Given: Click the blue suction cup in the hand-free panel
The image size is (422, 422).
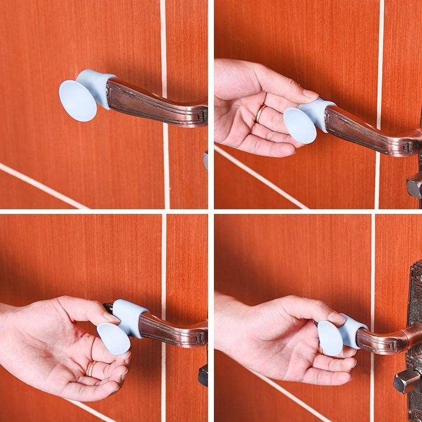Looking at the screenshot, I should click(78, 100).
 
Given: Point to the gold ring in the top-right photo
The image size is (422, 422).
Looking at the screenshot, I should click(260, 112).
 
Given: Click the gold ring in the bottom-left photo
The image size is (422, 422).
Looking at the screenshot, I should click(92, 368).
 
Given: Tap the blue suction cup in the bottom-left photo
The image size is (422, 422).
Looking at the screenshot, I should click(113, 338).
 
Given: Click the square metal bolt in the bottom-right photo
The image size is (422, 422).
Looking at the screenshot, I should click(406, 380).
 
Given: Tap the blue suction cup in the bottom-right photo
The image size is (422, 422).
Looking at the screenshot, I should click(330, 338).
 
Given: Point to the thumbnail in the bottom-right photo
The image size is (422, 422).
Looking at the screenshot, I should click(336, 318).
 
